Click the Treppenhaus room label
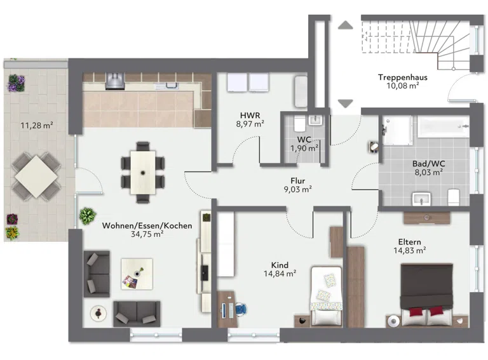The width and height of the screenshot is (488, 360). (x=402, y=77)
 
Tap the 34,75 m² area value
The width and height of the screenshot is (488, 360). (x=147, y=234)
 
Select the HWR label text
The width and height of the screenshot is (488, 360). (x=250, y=116)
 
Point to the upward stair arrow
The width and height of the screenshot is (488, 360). (x=346, y=25)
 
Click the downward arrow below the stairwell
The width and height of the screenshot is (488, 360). (x=346, y=103)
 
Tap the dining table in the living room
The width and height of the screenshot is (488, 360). (x=143, y=172)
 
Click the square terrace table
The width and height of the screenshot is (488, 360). (x=36, y=177)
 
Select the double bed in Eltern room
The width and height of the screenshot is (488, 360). (x=426, y=295)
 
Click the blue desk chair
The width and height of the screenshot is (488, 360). (x=241, y=309)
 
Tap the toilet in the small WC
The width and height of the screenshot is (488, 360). (x=299, y=124)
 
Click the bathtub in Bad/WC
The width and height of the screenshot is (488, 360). (x=443, y=126)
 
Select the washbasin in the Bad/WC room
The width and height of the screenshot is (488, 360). (x=421, y=199)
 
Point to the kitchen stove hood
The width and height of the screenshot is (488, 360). (x=115, y=81)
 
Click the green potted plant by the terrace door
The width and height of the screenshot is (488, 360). (x=88, y=216)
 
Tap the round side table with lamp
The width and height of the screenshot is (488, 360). (x=98, y=314)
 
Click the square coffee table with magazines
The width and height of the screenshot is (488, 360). (x=137, y=274)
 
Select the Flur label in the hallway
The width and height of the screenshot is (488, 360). (x=298, y=180)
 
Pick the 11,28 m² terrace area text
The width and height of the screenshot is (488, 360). (x=37, y=125)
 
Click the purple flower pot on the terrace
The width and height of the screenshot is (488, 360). (x=16, y=83)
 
